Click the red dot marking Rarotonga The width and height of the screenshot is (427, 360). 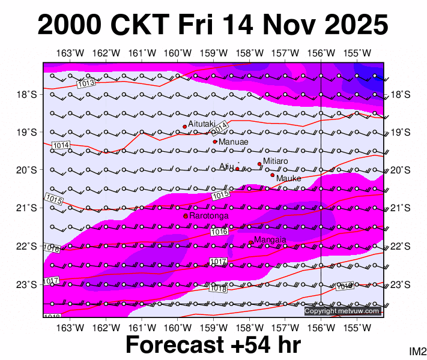pyautogui.click(x=186, y=215)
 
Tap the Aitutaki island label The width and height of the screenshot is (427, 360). pyautogui.click(x=202, y=123)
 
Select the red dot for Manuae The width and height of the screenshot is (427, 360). pyautogui.click(x=215, y=142)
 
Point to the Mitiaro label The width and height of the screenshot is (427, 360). pyautogui.click(x=276, y=161)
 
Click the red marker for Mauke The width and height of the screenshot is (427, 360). pyautogui.click(x=272, y=175)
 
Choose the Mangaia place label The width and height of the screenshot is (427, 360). pyautogui.click(x=270, y=240)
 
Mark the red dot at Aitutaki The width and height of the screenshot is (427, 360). pyautogui.click(x=185, y=127)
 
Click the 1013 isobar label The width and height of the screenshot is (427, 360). pyautogui.click(x=86, y=83)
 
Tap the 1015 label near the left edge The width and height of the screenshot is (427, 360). pyautogui.click(x=53, y=199)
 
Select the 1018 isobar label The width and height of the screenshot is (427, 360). pyautogui.click(x=217, y=289)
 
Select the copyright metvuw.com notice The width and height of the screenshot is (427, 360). pyautogui.click(x=342, y=311)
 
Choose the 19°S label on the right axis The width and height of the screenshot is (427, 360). pyautogui.click(x=401, y=132)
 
